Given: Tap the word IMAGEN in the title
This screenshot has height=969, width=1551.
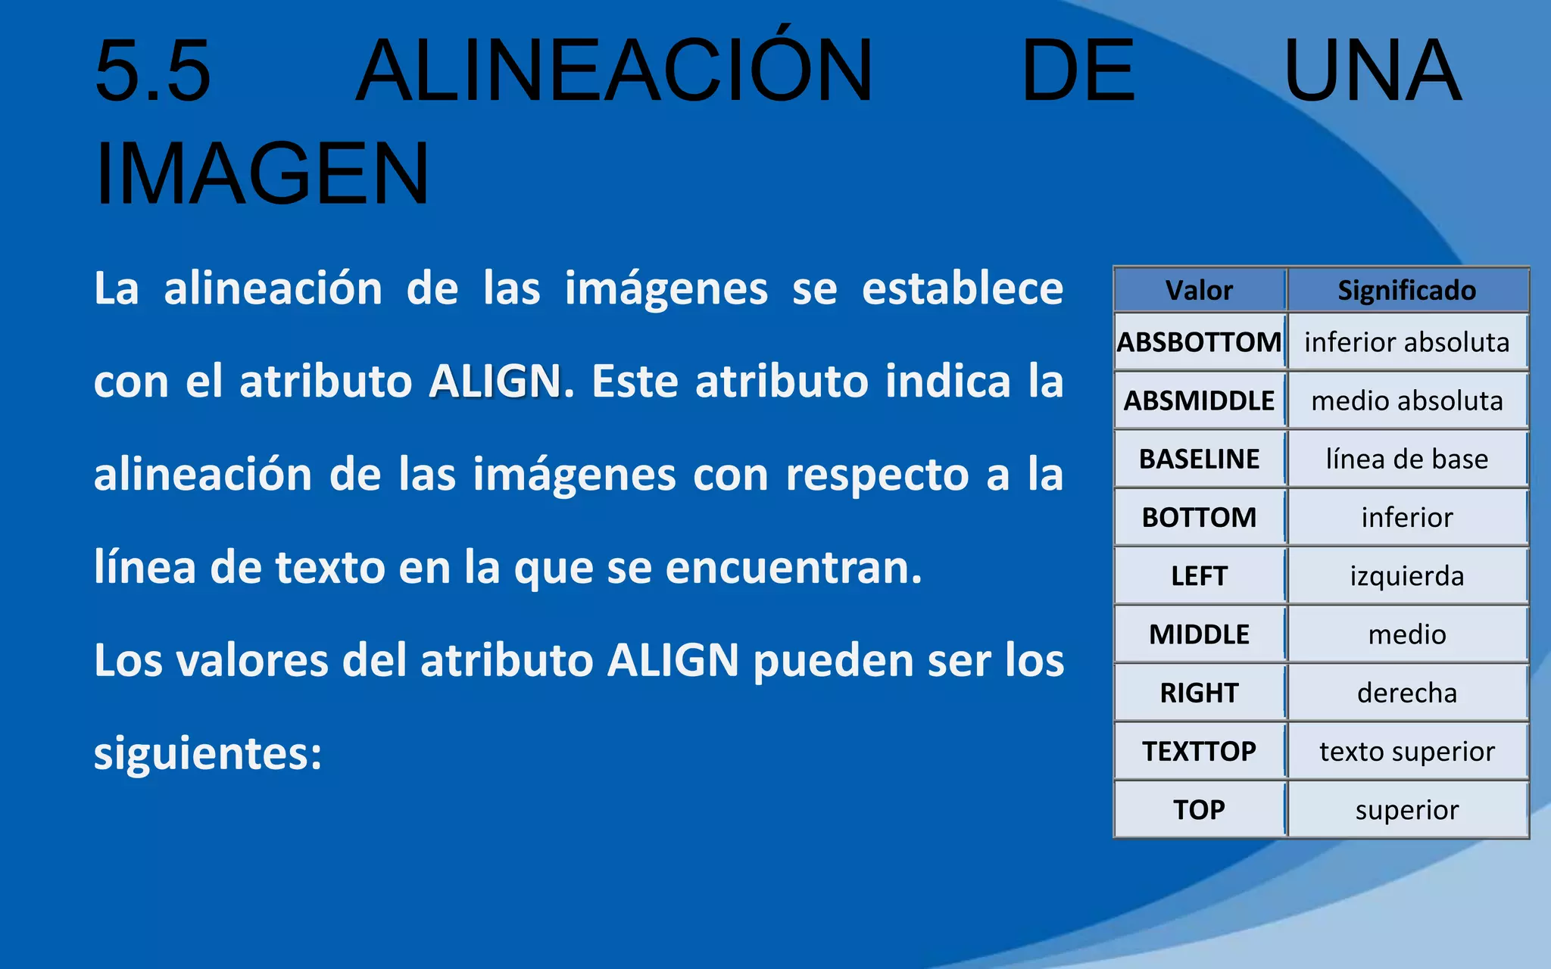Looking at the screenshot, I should (x=262, y=174).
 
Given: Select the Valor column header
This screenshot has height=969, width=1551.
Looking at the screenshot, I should (x=1199, y=291).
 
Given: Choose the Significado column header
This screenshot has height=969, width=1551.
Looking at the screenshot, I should (x=1406, y=291).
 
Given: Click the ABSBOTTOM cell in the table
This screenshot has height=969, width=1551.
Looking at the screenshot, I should (x=1199, y=342).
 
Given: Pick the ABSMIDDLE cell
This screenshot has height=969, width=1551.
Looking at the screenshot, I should (x=1199, y=400).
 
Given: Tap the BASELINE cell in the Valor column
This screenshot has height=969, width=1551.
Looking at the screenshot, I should (x=1199, y=459).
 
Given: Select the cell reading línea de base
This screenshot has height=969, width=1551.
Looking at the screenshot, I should (x=1406, y=459).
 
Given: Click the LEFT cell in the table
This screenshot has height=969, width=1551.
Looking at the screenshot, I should (x=1199, y=576).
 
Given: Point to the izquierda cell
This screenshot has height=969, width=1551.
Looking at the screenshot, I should (x=1406, y=576).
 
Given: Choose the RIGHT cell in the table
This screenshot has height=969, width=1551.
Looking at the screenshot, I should (x=1199, y=693).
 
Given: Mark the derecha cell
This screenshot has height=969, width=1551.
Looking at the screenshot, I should (x=1406, y=693).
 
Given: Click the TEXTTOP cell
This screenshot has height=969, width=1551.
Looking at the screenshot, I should (x=1199, y=751).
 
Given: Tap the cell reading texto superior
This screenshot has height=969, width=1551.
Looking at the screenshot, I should (x=1406, y=751).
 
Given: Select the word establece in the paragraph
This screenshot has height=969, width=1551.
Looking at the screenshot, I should (x=963, y=288).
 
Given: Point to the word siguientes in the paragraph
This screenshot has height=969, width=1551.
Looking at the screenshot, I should (x=208, y=754).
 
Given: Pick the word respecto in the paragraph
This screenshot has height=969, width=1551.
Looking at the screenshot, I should (x=877, y=475).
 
